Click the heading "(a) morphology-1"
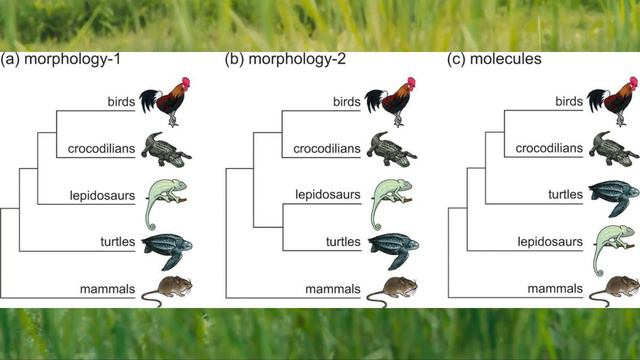(x=60, y=60)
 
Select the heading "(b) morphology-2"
(x=285, y=60)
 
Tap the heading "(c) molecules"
(x=494, y=59)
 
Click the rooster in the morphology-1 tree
(x=165, y=102)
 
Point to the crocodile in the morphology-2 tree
(x=391, y=149)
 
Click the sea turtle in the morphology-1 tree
(x=167, y=251)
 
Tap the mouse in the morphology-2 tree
(x=392, y=291)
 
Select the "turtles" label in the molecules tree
(x=565, y=194)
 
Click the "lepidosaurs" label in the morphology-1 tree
(x=102, y=196)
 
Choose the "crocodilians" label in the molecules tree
(x=549, y=148)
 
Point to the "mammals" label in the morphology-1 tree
(x=107, y=289)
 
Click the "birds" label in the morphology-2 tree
(x=347, y=102)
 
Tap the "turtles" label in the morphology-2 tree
(x=343, y=242)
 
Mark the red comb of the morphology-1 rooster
(x=186, y=83)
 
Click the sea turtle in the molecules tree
(x=614, y=198)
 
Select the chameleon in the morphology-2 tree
(x=392, y=204)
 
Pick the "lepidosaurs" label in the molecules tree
(x=550, y=242)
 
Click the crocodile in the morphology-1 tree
(x=166, y=149)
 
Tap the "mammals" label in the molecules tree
(x=555, y=289)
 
